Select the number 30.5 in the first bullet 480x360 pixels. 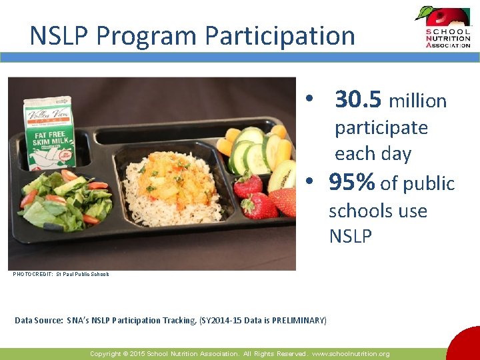[x=358, y=100]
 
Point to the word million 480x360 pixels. [x=417, y=101]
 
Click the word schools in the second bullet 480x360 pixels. [x=360, y=211]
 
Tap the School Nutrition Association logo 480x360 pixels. [x=443, y=27]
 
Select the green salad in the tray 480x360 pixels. [x=67, y=198]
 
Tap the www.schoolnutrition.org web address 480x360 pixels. [x=351, y=354]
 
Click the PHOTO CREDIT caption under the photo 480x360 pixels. [x=61, y=274]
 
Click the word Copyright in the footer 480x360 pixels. [x=105, y=354]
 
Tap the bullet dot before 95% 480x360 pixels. [x=309, y=183]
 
